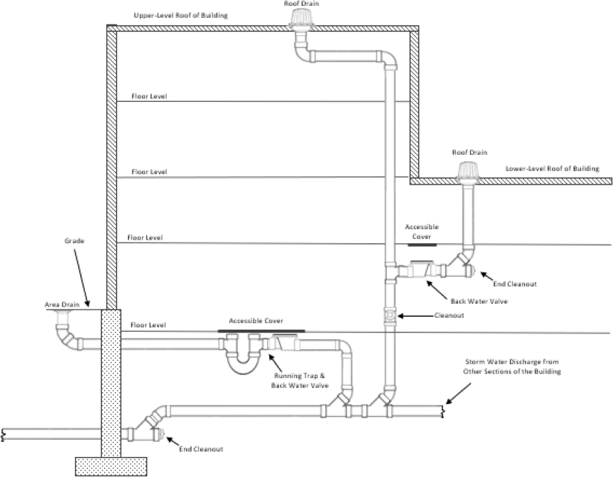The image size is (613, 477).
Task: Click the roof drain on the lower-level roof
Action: [x=469, y=170]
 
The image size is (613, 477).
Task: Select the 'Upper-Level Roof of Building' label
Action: [x=181, y=16]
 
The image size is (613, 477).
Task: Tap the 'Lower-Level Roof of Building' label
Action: [x=551, y=169]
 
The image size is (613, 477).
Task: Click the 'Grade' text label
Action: [x=74, y=242]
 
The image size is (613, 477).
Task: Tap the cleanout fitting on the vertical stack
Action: [x=389, y=316]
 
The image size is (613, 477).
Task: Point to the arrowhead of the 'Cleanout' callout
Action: [x=399, y=316]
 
